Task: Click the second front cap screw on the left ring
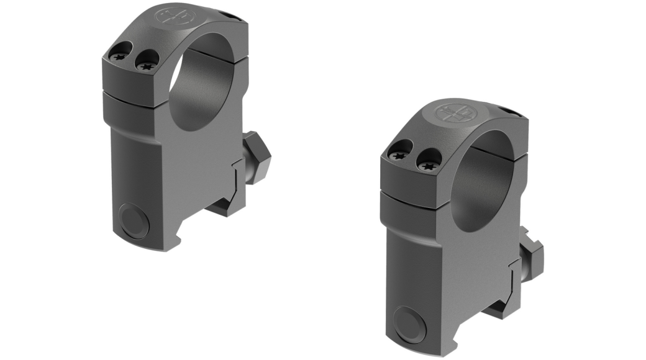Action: [x=145, y=62]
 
